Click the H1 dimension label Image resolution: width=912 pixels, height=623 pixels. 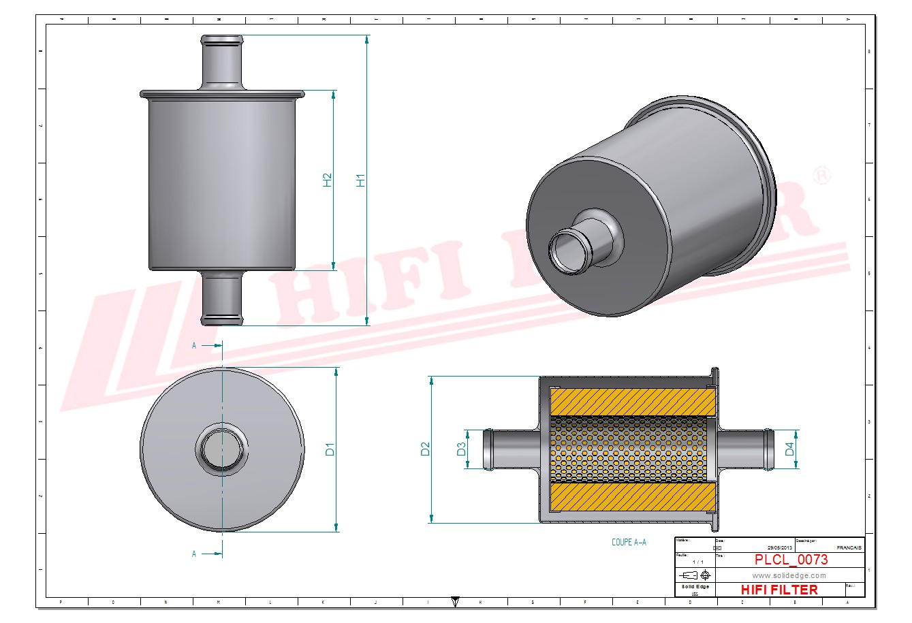pyautogui.click(x=361, y=180)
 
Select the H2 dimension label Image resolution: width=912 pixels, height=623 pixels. pyautogui.click(x=328, y=180)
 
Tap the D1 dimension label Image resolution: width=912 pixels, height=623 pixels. pyautogui.click(x=330, y=449)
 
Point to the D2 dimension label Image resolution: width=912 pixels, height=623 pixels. pyautogui.click(x=426, y=449)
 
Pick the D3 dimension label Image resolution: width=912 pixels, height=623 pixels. pyautogui.click(x=461, y=449)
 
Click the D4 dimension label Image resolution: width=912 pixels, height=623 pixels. pyautogui.click(x=789, y=449)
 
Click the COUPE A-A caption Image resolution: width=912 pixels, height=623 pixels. pyautogui.click(x=629, y=543)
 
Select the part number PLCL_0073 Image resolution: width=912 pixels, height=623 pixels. pyautogui.click(x=791, y=560)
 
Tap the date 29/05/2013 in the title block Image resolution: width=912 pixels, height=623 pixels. pyautogui.click(x=780, y=547)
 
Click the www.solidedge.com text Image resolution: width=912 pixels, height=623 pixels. pyautogui.click(x=789, y=575)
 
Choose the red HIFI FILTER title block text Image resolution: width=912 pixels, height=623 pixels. pyautogui.click(x=779, y=590)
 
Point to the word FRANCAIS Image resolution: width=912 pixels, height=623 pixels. pyautogui.click(x=848, y=547)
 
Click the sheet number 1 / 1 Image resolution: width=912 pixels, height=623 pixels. pyautogui.click(x=698, y=562)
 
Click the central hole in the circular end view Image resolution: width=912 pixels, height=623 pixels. pyautogui.click(x=221, y=449)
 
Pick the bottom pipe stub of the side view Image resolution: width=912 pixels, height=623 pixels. pyautogui.click(x=221, y=298)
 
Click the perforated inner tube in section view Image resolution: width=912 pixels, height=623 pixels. pyautogui.click(x=627, y=449)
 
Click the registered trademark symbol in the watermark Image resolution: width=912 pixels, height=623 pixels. pyautogui.click(x=822, y=176)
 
